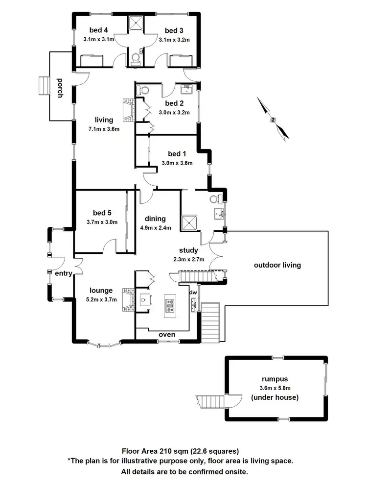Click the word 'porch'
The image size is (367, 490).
point(60,88)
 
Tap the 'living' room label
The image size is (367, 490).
point(104,120)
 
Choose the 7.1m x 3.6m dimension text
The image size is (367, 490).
point(104,129)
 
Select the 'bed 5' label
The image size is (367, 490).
point(102,213)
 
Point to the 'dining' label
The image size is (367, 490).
point(156,219)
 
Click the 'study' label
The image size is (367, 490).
point(188,250)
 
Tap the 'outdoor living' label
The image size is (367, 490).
point(277,265)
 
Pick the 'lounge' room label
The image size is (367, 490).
point(101,290)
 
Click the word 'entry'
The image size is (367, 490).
point(64,272)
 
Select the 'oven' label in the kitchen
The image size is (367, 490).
point(167,335)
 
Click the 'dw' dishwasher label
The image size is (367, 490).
point(193,293)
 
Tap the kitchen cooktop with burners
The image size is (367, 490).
point(170,305)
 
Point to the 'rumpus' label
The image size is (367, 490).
point(274,379)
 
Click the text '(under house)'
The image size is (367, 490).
point(274,397)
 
